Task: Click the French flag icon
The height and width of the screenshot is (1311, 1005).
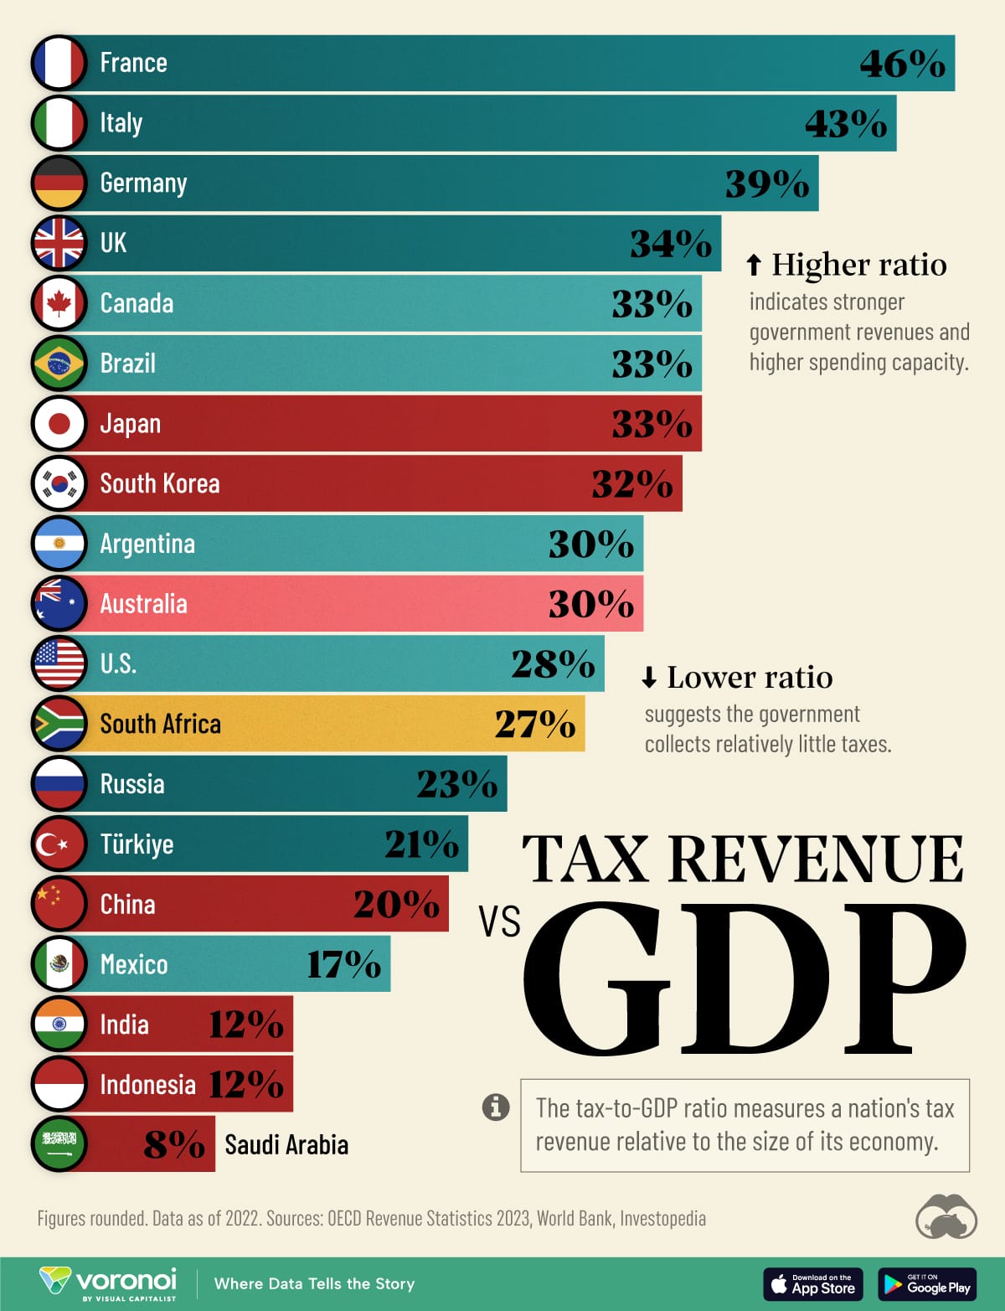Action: click(59, 63)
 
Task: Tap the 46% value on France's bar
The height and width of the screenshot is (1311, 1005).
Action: click(902, 64)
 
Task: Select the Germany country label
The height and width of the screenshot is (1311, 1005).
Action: click(143, 183)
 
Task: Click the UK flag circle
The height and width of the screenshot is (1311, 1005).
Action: click(59, 243)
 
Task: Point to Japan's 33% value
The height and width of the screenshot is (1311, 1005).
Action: click(652, 424)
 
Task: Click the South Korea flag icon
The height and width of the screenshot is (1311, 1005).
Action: click(59, 483)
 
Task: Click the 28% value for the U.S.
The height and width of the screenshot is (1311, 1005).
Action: click(553, 664)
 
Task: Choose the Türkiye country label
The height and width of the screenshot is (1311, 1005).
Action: click(137, 844)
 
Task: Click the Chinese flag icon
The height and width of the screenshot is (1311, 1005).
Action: click(59, 904)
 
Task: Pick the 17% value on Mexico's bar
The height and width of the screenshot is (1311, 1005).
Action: click(343, 964)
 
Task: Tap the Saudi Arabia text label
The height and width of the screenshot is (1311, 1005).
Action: click(286, 1145)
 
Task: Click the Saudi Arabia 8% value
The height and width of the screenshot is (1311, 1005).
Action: click(174, 1145)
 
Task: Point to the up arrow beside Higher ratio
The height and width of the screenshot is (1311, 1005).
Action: click(754, 265)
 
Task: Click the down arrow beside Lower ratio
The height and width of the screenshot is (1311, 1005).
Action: click(649, 677)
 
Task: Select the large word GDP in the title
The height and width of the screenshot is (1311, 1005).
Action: click(745, 978)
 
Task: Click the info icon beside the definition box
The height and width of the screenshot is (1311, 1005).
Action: click(496, 1107)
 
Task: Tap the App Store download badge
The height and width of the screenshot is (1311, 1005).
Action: click(812, 1284)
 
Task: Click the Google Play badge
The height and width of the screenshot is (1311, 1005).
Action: click(927, 1284)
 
